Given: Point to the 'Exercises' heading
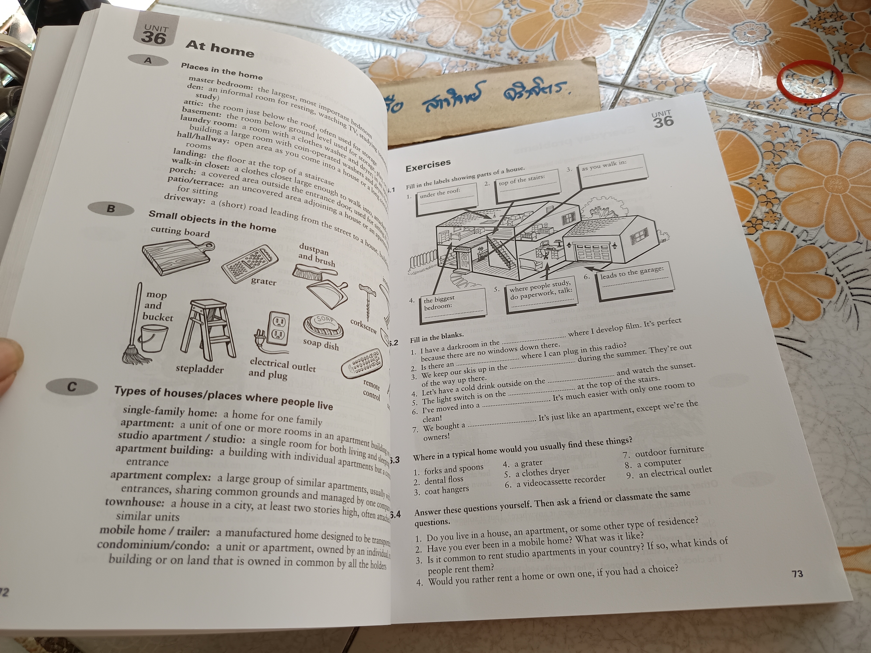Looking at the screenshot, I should (x=428, y=165).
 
